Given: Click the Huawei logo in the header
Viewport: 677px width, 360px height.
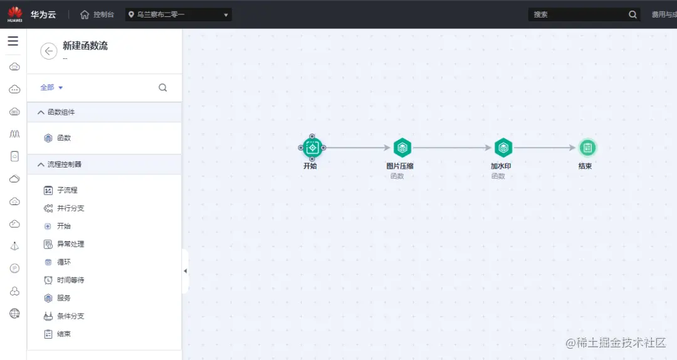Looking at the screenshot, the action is point(15,14).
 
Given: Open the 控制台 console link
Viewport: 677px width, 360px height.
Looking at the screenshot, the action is point(98,14).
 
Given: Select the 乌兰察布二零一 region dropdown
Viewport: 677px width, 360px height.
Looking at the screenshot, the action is point(179,14).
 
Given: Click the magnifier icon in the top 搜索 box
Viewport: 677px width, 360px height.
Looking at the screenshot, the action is point(632,14).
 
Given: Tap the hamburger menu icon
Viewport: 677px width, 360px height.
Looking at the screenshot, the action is point(13,41).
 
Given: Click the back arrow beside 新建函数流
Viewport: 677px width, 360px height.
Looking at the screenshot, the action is point(48,51).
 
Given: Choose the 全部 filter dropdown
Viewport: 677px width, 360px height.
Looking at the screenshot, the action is point(51,88).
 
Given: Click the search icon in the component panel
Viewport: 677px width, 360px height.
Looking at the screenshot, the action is point(163,88).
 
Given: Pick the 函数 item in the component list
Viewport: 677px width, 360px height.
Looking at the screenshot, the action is point(63,138).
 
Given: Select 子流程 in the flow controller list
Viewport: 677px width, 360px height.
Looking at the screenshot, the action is point(66,190).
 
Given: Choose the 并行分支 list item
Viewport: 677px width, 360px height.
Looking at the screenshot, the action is point(70,208).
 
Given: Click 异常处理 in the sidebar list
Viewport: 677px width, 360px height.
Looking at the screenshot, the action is point(70,244).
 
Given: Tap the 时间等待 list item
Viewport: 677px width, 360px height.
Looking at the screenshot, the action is point(70,280).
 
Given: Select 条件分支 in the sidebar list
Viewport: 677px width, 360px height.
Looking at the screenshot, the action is point(70,316).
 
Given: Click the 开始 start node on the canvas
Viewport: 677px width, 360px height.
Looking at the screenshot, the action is point(312,148).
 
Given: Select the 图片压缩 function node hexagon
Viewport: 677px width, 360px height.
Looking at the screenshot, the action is point(402,148).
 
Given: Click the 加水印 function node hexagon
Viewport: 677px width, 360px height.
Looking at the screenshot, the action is point(503,148).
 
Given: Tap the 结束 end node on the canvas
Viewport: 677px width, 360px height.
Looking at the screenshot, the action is point(587,148).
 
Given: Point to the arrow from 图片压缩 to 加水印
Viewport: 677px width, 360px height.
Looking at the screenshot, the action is point(452,148).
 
